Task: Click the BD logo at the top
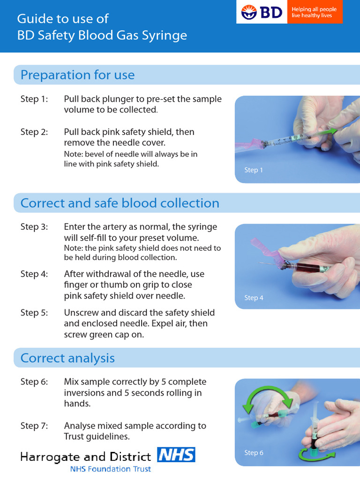coord(262,12)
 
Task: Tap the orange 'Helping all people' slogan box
coord(315,12)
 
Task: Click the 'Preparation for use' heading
coord(77,75)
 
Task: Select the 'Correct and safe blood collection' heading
coord(120,203)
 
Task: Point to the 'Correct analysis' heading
coord(67,358)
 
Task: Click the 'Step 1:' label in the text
coord(34,99)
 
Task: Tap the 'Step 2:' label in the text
coord(34,132)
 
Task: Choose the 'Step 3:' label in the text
coord(34,227)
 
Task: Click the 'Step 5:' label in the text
coord(34,313)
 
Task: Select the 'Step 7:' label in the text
coord(34,426)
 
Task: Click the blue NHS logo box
coord(176,455)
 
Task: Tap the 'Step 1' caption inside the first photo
coord(254,170)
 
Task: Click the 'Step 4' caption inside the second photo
coord(254,298)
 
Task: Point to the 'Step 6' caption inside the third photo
coord(254,453)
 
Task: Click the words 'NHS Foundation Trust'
coord(111,469)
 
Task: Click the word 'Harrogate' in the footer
coord(50,457)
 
